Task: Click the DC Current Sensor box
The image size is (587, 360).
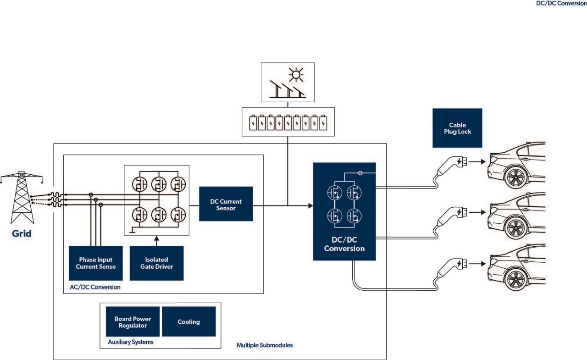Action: click(x=226, y=204)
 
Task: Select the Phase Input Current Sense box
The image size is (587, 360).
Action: click(x=96, y=263)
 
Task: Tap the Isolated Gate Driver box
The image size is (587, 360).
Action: click(x=156, y=263)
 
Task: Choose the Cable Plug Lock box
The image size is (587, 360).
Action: click(x=457, y=128)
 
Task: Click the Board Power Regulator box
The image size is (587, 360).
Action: click(x=133, y=322)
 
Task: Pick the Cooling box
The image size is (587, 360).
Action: click(x=188, y=322)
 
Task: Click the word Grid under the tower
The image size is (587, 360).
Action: click(x=22, y=234)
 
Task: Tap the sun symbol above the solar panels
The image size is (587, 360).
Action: click(x=296, y=73)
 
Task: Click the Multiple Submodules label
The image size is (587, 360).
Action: click(x=264, y=345)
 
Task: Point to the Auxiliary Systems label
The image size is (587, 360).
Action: click(x=130, y=342)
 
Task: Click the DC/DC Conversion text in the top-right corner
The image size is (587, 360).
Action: click(x=561, y=3)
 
